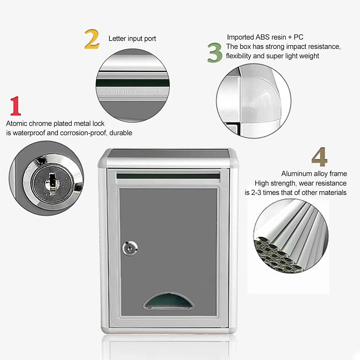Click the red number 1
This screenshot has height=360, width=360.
[x=15, y=106]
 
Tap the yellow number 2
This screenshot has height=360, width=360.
[x=92, y=39]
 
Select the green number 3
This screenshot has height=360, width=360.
[x=215, y=53]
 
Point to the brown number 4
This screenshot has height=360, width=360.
[x=319, y=157]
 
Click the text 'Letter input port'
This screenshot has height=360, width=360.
[x=132, y=38]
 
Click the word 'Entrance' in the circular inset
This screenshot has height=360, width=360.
[x=121, y=91]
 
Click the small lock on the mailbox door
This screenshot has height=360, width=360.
[x=129, y=248]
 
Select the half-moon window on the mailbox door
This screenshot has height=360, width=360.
[x=168, y=301]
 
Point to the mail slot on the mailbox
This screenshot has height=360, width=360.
[x=168, y=176]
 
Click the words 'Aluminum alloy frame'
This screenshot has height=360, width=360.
[x=314, y=174]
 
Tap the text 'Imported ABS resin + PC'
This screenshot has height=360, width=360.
[x=265, y=37]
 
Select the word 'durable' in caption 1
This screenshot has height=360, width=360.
[x=121, y=133]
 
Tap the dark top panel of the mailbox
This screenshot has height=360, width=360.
[x=168, y=154]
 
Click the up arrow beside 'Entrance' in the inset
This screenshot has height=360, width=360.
[x=159, y=91]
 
